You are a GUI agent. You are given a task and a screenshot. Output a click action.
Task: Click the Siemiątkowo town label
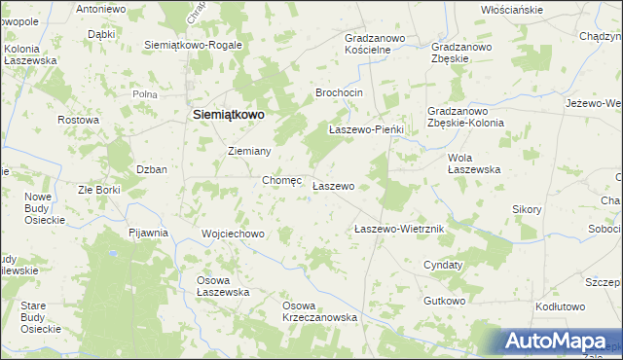224,114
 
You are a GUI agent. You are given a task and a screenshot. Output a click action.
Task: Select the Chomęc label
282,180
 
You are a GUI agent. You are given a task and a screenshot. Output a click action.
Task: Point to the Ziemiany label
248,152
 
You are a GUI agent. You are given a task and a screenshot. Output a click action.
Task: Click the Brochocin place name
339,92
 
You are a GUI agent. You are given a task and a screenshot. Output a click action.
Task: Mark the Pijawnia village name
149,234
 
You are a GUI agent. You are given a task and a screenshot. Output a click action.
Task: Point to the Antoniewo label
101,9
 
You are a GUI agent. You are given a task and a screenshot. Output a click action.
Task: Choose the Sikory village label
527,209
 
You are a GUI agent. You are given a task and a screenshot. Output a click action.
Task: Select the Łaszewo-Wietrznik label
399,229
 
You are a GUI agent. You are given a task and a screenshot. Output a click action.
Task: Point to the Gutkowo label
444,302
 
